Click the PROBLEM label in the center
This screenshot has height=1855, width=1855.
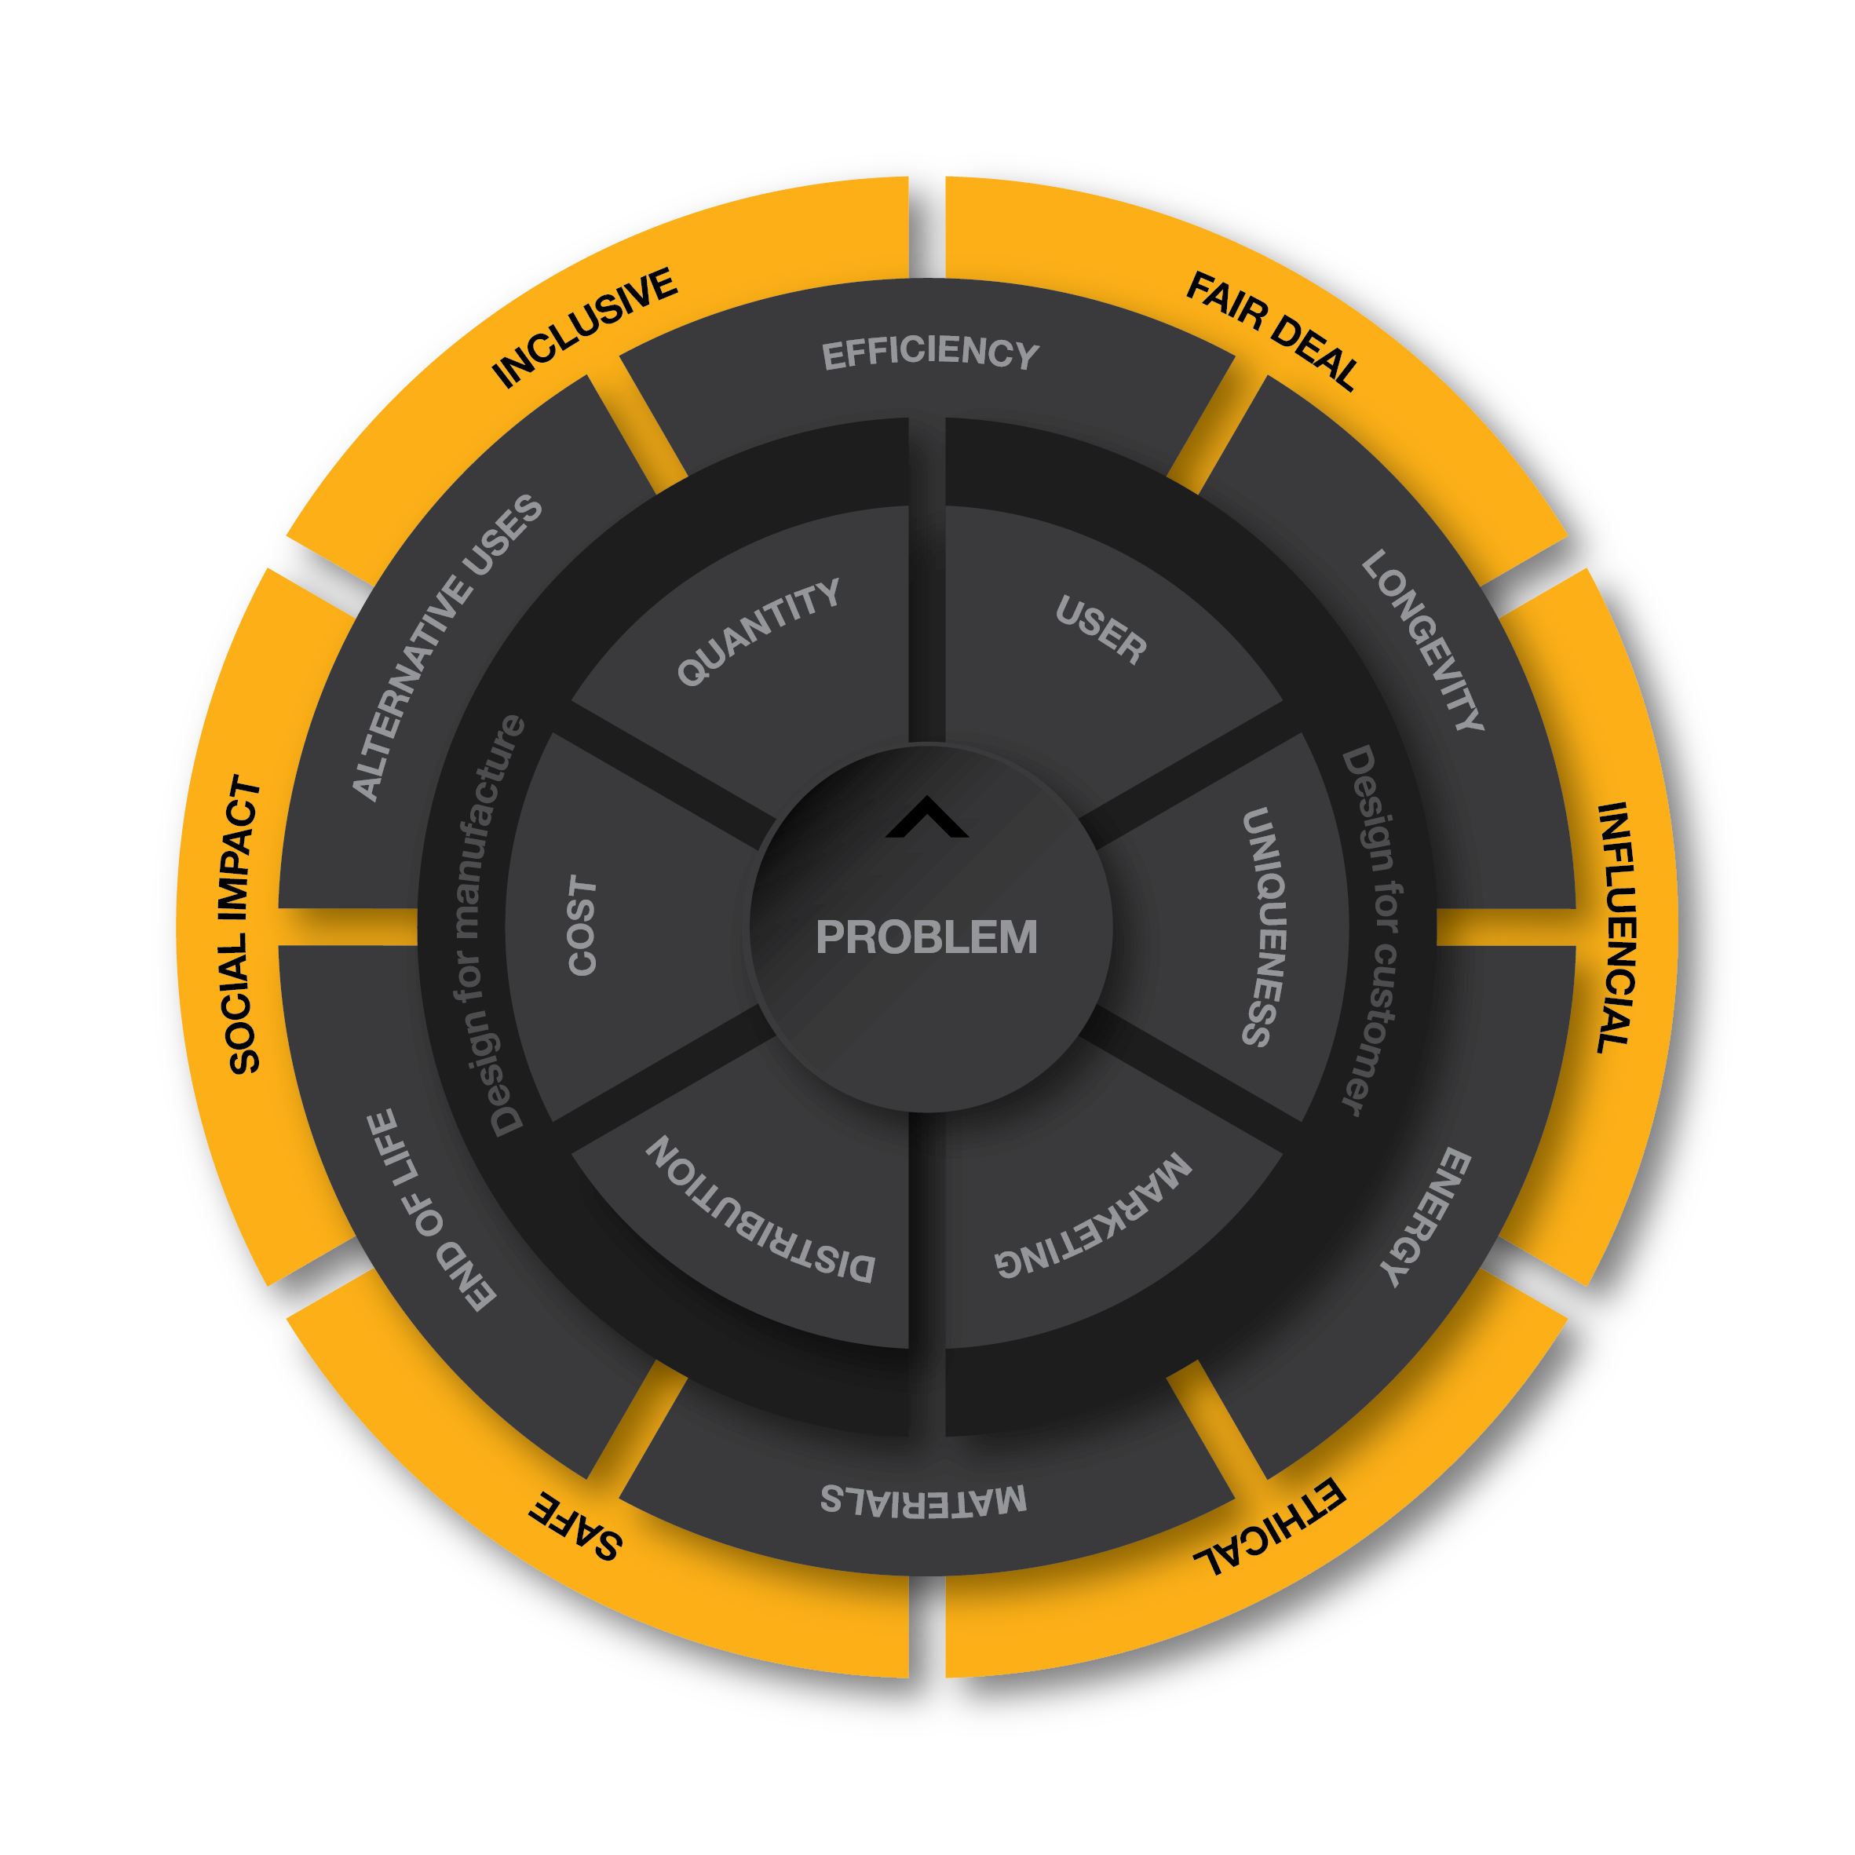click(926, 937)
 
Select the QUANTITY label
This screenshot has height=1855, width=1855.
click(758, 632)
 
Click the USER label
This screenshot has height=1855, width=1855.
click(1101, 630)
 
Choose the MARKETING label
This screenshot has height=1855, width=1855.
click(1094, 1215)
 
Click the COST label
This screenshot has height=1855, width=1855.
click(582, 926)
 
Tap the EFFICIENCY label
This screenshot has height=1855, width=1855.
click(930, 353)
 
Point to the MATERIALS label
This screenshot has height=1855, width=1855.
click(924, 1501)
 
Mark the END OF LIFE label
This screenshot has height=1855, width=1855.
click(432, 1210)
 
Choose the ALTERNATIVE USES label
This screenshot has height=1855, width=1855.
click(447, 647)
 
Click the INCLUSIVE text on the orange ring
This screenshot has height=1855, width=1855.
click(585, 327)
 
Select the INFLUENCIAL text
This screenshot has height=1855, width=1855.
click(1615, 929)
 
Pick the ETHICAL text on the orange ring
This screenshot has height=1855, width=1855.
click(1269, 1527)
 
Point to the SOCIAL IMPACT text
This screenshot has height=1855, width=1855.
click(244, 925)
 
